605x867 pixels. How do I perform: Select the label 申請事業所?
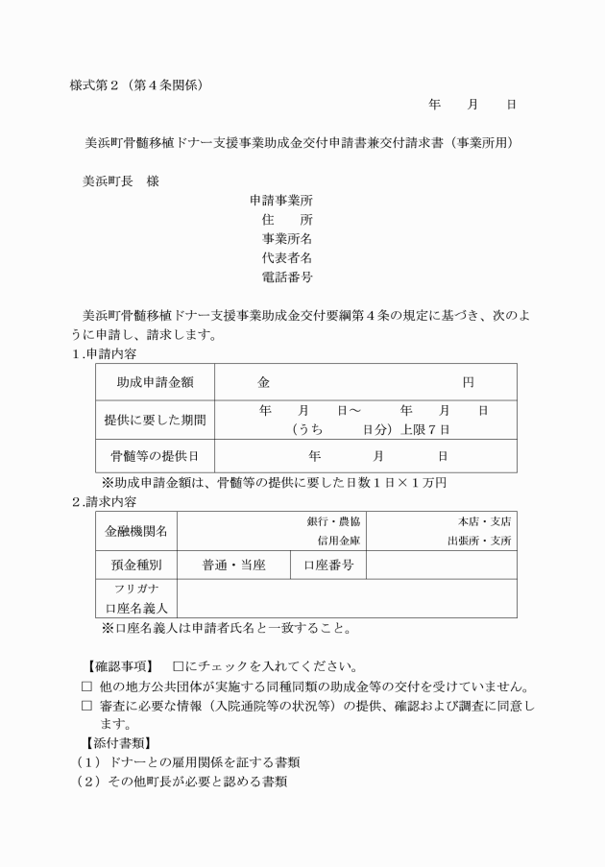coord(280,201)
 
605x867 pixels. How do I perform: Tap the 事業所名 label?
coord(286,239)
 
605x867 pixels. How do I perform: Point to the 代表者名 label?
coord(286,258)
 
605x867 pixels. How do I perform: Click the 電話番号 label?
coord(286,277)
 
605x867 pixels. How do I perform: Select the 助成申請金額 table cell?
coord(155,382)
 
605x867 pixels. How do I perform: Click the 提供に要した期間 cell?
coord(155,420)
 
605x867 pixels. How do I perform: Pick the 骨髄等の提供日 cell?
coord(155,456)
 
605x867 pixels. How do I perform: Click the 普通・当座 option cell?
coord(233,566)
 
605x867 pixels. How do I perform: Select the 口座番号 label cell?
coord(328,566)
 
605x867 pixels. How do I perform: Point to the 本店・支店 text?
coord(484,521)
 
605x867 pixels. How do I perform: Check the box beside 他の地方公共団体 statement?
coord(86,686)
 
